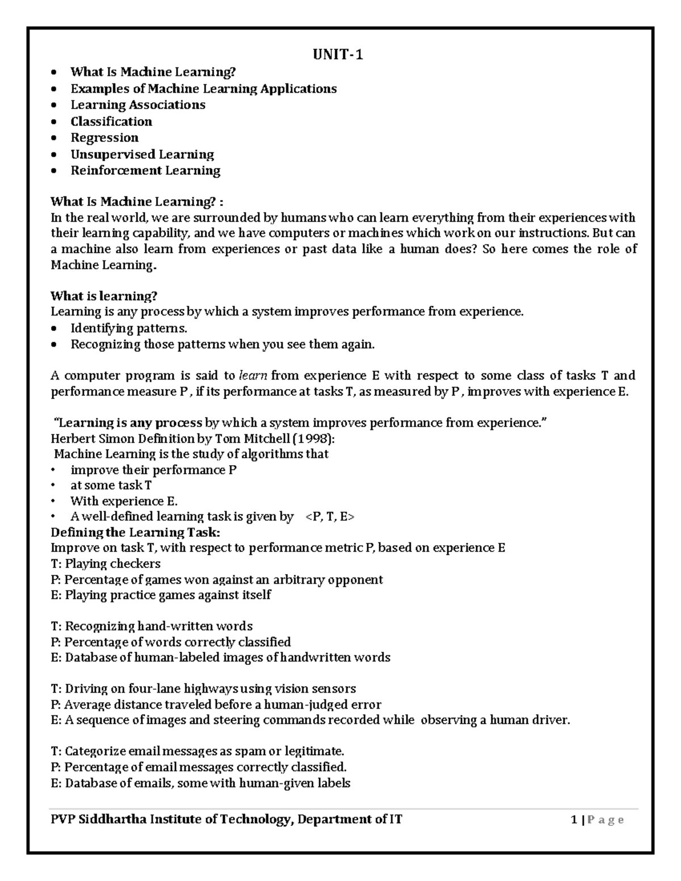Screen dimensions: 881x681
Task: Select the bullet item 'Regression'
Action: [104, 138]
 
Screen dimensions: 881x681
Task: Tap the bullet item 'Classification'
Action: [111, 121]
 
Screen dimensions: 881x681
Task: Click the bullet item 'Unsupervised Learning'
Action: [142, 154]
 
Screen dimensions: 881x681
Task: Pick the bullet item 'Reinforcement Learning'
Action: [145, 171]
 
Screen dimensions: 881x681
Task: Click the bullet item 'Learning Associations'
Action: [138, 105]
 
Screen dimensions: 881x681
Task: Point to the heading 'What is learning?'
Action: [103, 296]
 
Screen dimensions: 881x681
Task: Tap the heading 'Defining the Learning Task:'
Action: [135, 532]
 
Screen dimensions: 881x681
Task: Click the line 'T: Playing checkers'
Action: [106, 563]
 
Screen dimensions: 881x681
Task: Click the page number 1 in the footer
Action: [574, 819]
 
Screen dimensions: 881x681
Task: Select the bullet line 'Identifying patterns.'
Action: [128, 328]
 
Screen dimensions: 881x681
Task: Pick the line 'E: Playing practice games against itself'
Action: [161, 595]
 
